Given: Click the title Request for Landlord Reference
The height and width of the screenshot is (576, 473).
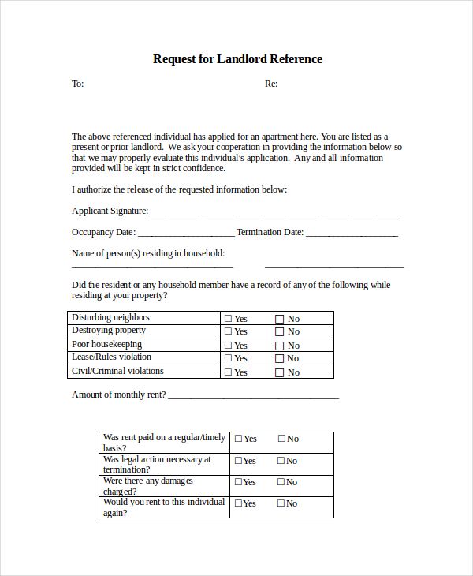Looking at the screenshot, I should pos(237,59).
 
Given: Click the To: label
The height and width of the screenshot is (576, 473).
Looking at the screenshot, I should pos(77,84).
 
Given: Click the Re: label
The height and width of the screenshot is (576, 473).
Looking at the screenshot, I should pos(270,84).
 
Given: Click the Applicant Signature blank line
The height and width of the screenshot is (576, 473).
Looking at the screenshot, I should pos(274,212).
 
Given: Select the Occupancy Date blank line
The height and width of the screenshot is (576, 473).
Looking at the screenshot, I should pos(186,234).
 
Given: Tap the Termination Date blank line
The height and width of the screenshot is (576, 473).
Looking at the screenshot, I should pos(352,234).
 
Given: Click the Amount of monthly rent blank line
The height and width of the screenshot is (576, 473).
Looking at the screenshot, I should pos(253,396).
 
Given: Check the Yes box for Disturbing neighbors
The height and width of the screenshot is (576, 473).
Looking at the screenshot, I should pos(229,319).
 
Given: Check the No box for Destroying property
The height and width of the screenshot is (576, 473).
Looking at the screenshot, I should pos(279,332).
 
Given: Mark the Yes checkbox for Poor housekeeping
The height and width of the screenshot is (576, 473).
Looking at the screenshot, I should pos(229,346).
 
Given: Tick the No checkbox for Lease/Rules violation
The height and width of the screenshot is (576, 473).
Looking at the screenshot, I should pos(279,359).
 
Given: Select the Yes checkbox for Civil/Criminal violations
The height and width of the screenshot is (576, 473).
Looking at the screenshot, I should pos(229,372).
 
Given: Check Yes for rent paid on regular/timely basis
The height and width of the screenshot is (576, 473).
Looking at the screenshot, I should pos(238,439).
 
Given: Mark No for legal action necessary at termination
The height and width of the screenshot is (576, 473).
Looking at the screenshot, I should pos(281,461).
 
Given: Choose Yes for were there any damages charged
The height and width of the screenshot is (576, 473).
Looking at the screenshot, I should pos(238,482).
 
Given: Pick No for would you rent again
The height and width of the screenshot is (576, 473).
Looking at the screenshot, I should pos(281,503).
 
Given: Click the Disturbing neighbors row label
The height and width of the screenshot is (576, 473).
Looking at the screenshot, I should pos(110,317).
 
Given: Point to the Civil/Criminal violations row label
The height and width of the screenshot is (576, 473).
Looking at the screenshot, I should pos(117,371).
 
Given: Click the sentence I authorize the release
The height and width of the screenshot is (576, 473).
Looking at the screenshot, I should pos(179,189).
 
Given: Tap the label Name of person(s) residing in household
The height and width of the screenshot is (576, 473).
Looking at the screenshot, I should pos(148,253).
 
